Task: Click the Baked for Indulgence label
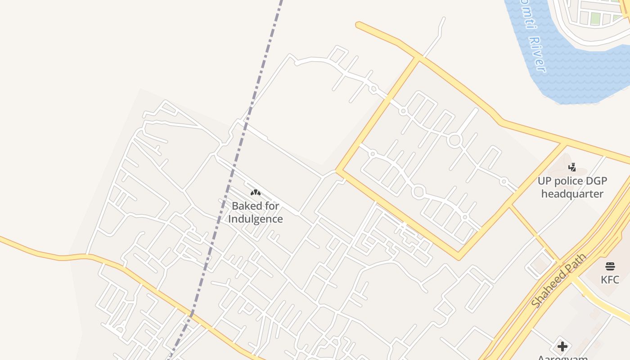(255, 212)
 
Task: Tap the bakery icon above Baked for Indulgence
(256, 193)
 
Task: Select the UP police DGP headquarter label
(572, 187)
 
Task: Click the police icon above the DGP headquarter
(572, 167)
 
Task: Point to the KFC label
(610, 279)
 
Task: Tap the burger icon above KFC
(610, 266)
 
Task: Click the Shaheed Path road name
(559, 280)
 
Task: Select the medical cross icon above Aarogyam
(562, 346)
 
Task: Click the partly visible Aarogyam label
(562, 358)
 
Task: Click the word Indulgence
(255, 219)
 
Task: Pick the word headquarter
(572, 194)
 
